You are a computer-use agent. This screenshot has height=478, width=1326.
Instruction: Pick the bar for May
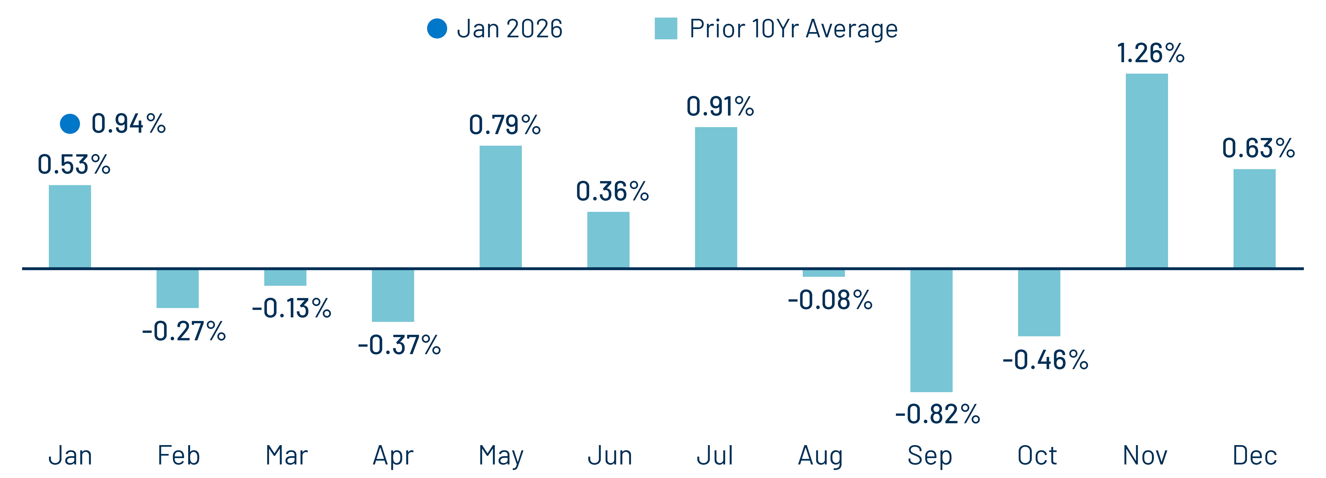(x=500, y=207)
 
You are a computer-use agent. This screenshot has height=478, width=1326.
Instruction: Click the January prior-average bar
(x=70, y=226)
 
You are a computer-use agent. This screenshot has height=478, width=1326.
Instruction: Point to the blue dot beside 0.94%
(x=70, y=124)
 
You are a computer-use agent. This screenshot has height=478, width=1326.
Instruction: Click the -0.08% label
(x=830, y=300)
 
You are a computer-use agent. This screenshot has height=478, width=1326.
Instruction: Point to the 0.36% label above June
(x=612, y=191)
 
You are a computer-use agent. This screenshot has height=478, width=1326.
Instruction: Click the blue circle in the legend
(x=437, y=29)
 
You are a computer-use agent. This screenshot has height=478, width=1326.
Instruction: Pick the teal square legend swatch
(x=665, y=29)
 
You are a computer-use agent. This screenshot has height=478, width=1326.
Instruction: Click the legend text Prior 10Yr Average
(x=793, y=29)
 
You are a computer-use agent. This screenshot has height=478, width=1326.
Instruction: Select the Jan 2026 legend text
(x=510, y=29)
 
